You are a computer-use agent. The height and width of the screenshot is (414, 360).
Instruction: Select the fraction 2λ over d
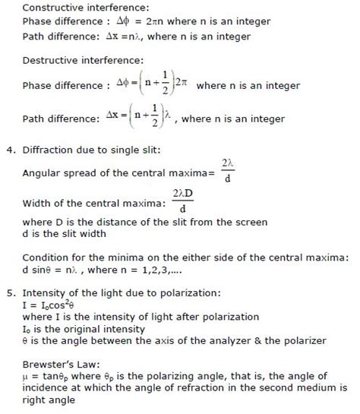227,170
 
